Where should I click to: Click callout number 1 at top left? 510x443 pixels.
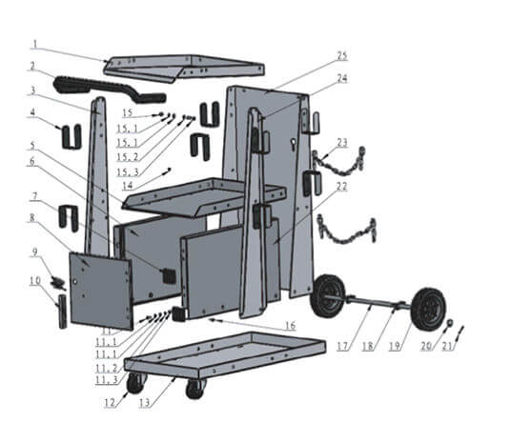point(34,44)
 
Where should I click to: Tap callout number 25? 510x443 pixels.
point(341,56)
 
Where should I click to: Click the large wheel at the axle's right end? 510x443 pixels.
point(428,309)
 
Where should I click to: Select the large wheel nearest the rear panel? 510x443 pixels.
point(328,295)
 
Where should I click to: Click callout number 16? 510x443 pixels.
point(288,326)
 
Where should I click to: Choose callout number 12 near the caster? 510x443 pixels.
point(110,403)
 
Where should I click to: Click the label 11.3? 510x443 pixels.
point(106,381)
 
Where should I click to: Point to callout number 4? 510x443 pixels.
point(34,112)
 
